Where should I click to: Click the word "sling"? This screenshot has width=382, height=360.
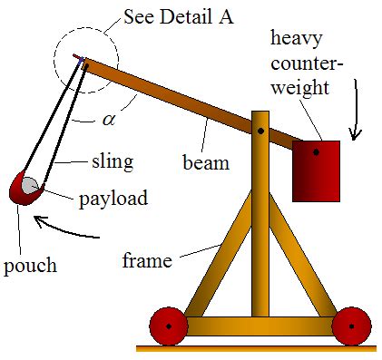[112, 162]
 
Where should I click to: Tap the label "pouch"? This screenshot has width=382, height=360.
[30, 267]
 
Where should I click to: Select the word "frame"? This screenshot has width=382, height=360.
[147, 262]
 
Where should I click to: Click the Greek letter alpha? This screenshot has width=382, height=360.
[108, 119]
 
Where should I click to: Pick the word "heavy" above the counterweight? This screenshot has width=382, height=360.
[299, 37]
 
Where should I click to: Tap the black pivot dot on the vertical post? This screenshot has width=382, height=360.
[260, 131]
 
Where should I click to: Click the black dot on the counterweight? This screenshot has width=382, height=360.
[316, 152]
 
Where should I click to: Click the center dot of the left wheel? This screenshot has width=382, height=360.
[168, 325]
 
